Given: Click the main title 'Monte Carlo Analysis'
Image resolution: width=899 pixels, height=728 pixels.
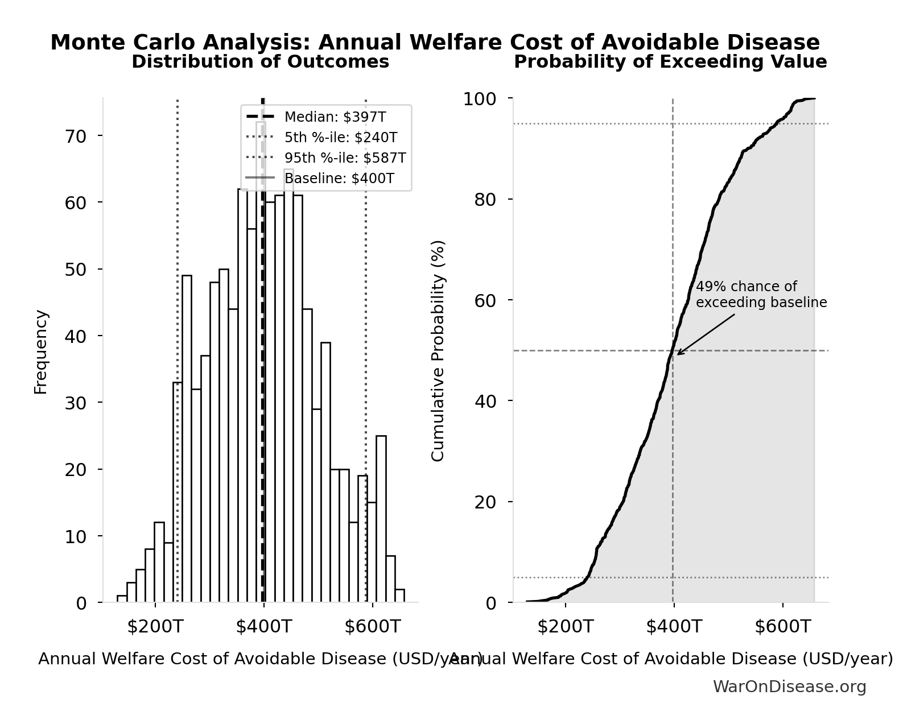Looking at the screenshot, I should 435,43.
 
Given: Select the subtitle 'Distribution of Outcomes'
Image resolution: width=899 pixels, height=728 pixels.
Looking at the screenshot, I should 260,61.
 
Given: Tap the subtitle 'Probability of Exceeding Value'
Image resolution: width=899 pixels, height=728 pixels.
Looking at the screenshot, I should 670,61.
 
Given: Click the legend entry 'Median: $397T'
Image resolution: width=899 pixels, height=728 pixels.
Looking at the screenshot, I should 335,117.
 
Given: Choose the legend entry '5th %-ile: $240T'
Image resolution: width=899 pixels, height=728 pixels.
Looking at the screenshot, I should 340,138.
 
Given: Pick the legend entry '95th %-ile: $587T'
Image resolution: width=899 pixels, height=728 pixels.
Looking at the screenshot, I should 345,158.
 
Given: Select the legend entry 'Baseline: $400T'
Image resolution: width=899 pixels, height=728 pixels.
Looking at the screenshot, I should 339,179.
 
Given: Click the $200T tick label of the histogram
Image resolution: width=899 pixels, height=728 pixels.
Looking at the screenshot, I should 155,627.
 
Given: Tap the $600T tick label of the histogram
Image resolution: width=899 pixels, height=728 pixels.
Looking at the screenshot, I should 373,627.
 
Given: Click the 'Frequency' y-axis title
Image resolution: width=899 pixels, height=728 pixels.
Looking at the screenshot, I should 41,351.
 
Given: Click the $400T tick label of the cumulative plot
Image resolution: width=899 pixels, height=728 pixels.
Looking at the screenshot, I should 674,627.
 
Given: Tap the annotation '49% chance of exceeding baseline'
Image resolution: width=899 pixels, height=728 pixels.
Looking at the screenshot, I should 761,295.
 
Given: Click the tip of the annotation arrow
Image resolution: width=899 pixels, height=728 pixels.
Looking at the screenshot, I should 677,355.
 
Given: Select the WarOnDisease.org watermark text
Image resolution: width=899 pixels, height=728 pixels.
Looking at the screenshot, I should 789,687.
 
